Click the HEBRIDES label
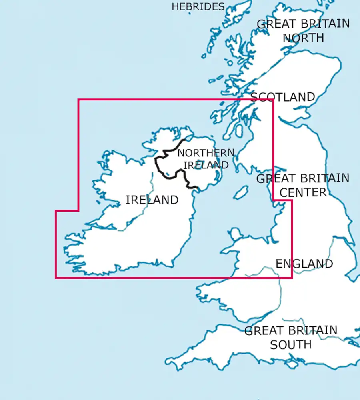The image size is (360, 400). (198, 7)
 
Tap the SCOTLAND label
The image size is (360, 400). (282, 97)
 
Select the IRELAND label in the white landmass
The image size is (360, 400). (152, 200)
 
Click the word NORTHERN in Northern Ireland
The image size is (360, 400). (206, 153)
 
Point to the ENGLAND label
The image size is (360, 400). (304, 264)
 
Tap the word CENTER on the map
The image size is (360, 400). (303, 192)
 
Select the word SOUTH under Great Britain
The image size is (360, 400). (291, 345)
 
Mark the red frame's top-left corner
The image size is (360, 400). (78, 100)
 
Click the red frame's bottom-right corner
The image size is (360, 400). (292, 278)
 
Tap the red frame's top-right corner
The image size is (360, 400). (273, 100)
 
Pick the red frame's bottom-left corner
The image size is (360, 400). (56, 278)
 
